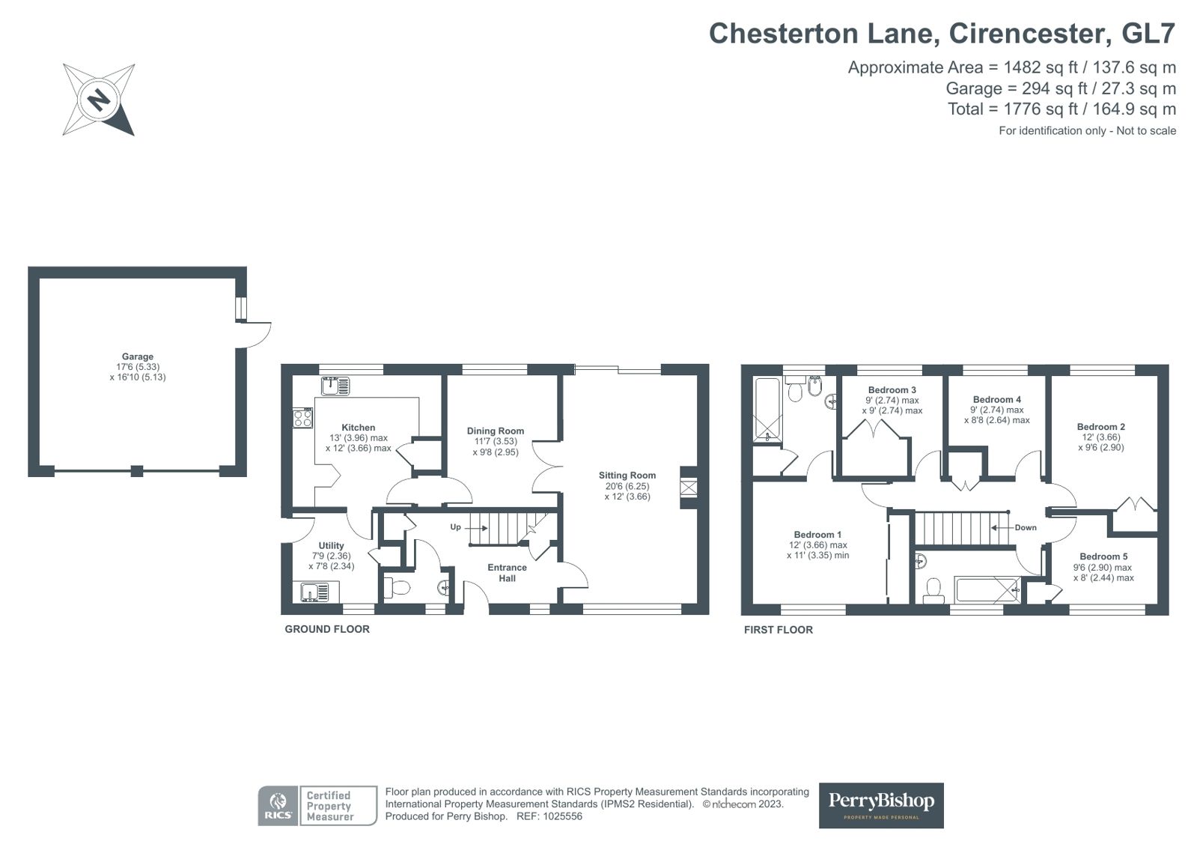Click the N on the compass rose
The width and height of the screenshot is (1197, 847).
(99, 100)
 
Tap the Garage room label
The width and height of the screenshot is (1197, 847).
(137, 356)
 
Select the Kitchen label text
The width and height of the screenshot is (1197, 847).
(358, 428)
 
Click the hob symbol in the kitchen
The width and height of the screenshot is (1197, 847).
(302, 418)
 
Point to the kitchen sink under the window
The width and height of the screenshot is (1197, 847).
(335, 386)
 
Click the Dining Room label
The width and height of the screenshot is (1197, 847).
(496, 431)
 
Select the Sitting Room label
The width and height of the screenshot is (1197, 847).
(627, 476)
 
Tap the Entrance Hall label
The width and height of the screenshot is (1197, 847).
(507, 573)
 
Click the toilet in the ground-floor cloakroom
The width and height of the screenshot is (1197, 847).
(397, 588)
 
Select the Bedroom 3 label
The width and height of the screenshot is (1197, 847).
(892, 390)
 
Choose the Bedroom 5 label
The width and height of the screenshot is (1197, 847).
(1103, 556)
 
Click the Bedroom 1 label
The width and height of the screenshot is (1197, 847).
(817, 535)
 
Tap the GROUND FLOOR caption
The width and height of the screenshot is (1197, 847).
(327, 629)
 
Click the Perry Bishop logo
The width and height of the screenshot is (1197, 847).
(881, 805)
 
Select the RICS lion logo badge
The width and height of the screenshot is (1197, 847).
(278, 806)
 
